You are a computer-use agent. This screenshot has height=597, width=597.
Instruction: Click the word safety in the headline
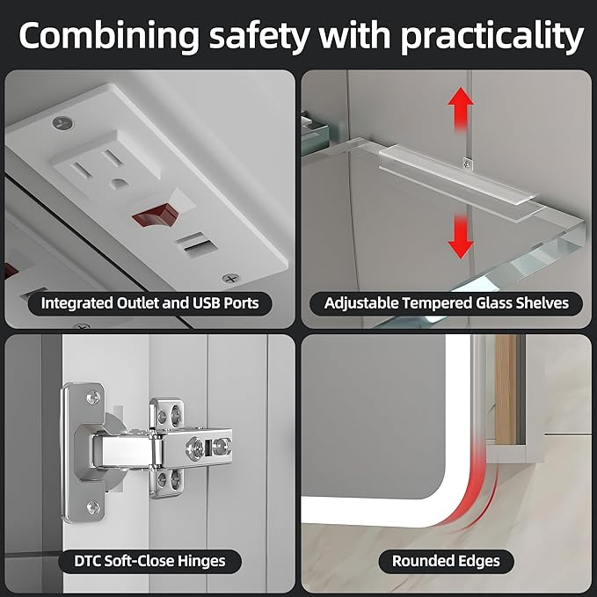click(x=258, y=36)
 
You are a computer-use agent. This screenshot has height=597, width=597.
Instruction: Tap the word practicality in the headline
click(x=491, y=37)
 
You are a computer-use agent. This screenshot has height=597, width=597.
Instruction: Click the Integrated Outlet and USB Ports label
click(x=149, y=303)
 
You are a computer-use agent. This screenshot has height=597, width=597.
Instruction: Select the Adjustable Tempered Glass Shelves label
click(x=447, y=303)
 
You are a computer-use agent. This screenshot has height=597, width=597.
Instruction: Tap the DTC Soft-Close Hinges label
click(x=149, y=561)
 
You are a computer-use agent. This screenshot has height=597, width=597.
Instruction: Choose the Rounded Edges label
click(x=446, y=561)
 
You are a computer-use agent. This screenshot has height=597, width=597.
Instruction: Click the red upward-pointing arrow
click(x=461, y=109)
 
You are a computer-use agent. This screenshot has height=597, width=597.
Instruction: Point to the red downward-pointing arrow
click(x=461, y=237)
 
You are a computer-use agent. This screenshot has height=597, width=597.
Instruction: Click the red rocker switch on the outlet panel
click(x=156, y=215)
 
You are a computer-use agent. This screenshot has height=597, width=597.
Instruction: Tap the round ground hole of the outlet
click(x=118, y=184)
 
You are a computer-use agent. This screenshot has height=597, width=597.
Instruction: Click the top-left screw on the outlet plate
click(x=63, y=122)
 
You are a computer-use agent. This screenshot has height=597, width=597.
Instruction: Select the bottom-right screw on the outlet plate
click(x=230, y=279)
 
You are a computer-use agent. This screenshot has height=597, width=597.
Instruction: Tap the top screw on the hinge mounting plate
click(x=93, y=397)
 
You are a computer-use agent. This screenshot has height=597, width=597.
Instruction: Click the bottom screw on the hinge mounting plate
click(x=93, y=507)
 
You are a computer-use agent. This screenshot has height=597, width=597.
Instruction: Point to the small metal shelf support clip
click(x=467, y=164)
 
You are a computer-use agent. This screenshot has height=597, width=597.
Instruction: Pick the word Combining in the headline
click(x=109, y=37)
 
